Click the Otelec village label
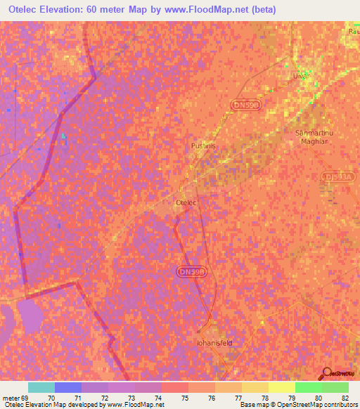[184, 202]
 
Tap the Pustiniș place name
[202, 146]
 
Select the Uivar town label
[300, 74]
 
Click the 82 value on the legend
[344, 397]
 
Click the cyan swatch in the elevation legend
[41, 387]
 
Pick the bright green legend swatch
[309, 387]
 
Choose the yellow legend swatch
[282, 387]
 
